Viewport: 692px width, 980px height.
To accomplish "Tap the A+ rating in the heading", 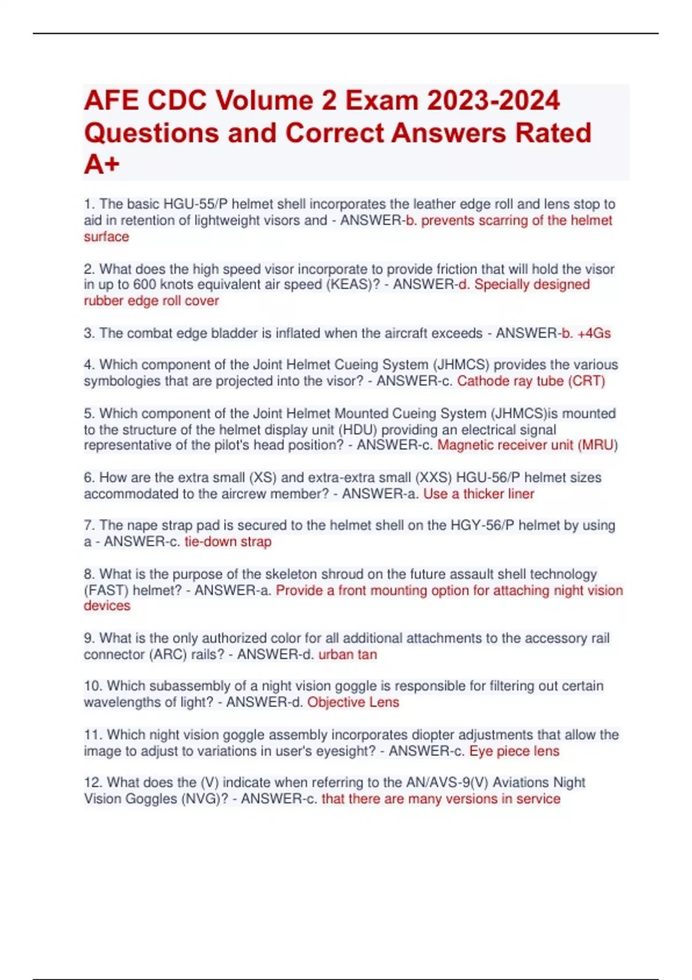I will [101, 165].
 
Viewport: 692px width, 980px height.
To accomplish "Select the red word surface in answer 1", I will [106, 237].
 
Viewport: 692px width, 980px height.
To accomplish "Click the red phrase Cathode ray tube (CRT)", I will [531, 381].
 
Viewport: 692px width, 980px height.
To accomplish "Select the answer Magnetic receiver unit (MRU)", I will [527, 445].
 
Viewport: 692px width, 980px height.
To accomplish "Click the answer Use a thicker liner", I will [479, 494].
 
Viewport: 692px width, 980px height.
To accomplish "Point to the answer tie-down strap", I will [228, 542].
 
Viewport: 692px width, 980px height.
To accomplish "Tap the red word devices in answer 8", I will [107, 606].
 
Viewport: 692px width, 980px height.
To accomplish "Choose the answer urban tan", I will [348, 655].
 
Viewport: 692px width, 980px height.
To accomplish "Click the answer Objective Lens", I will [353, 703].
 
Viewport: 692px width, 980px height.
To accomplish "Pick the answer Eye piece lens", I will [514, 752].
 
